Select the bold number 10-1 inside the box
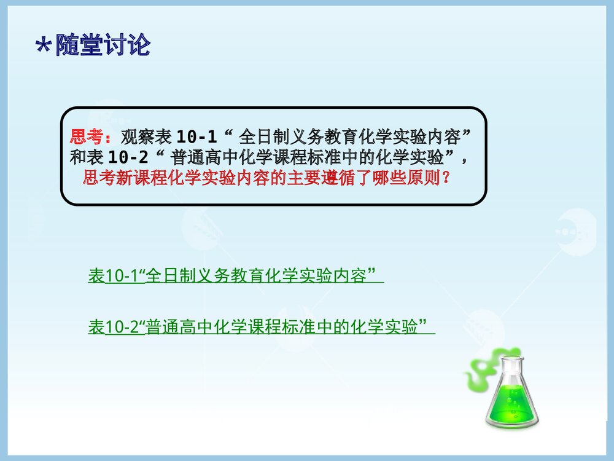coord(196,136)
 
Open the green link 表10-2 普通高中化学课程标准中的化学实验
coord(262,326)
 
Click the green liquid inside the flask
coord(511,402)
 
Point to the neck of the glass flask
coord(510,366)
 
